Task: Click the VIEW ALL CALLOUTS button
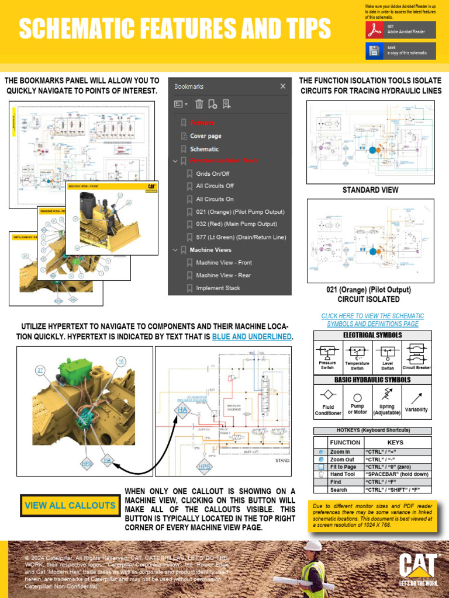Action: tap(70, 505)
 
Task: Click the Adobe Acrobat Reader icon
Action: tap(375, 30)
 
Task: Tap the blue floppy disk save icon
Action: tap(375, 51)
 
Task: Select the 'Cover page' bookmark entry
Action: tap(205, 136)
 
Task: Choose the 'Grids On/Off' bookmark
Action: tap(212, 173)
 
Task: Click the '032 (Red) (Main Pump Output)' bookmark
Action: tap(236, 224)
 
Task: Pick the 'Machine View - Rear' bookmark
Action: tap(223, 275)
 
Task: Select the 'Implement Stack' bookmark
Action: tap(218, 288)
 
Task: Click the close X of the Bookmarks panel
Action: tap(283, 86)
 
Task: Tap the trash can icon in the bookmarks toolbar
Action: tap(199, 105)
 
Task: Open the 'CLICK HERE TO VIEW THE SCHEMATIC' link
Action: tap(372, 316)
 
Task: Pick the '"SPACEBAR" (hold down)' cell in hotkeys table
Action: tap(396, 475)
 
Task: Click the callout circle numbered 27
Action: tap(40, 370)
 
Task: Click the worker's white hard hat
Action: tap(313, 545)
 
